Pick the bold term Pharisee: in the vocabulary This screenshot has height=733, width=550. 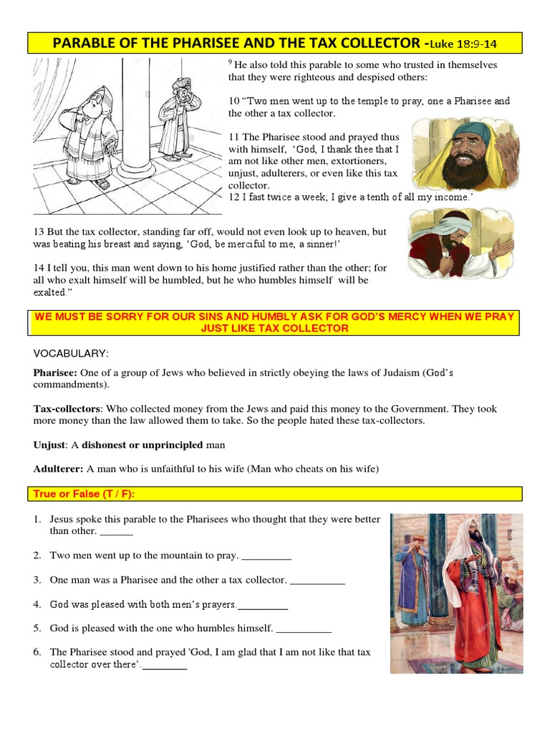point(56,372)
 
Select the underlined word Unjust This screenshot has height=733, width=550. point(49,445)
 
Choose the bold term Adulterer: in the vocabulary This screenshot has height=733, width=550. point(59,469)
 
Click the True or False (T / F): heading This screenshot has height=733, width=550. point(84,494)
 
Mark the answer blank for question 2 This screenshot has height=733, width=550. point(267,556)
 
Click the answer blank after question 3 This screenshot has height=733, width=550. point(317,581)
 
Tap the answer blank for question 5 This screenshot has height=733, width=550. point(304,629)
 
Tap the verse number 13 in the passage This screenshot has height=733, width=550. point(39,233)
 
